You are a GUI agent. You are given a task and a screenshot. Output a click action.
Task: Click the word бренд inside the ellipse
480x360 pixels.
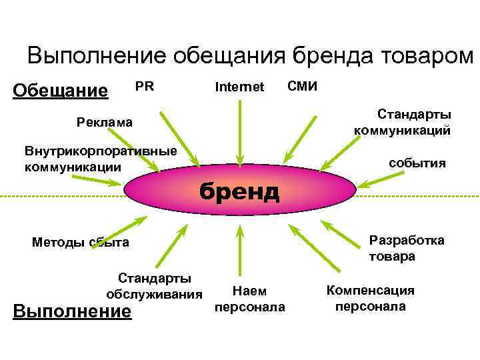(241, 191)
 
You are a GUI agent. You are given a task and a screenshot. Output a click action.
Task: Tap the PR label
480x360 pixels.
(145, 86)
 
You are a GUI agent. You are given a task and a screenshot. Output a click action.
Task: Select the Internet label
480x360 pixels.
(239, 87)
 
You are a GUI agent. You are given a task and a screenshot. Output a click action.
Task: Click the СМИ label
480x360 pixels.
(303, 86)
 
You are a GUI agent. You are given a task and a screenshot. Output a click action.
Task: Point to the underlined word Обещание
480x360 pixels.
(61, 90)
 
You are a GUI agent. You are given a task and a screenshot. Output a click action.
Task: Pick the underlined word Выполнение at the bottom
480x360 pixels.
(73, 311)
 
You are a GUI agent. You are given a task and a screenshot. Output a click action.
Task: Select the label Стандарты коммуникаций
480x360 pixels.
(402, 121)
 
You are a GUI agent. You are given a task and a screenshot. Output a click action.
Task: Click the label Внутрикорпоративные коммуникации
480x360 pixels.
(101, 159)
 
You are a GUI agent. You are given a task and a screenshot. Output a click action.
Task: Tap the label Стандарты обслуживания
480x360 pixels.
(154, 286)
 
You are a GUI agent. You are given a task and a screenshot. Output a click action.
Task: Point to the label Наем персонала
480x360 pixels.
(249, 299)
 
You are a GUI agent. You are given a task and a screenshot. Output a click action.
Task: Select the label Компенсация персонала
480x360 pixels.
(370, 298)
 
